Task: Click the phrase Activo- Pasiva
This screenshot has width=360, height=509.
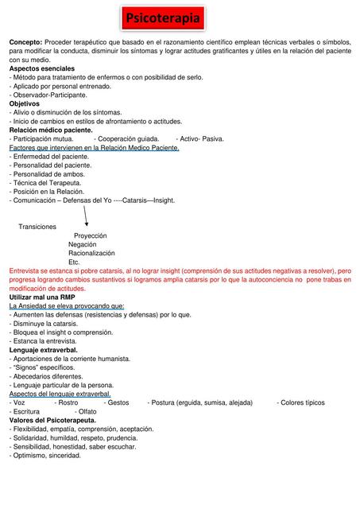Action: (x=199, y=138)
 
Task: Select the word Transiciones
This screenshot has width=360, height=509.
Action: (x=37, y=227)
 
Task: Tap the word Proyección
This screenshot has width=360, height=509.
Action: (x=90, y=236)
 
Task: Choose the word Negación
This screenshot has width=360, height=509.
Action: (x=83, y=245)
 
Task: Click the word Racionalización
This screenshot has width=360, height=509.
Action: (x=91, y=253)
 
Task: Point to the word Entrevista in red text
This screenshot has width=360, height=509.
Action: (x=28, y=271)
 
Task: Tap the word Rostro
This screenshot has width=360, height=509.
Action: (x=68, y=402)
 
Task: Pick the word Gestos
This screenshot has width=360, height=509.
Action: (x=118, y=402)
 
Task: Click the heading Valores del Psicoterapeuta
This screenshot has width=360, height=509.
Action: (x=52, y=420)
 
